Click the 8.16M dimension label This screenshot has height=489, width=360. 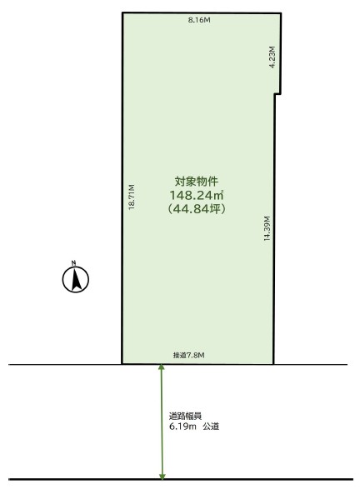click(x=199, y=20)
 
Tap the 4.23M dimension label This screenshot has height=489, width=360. click(x=272, y=57)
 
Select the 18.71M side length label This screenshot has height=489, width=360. click(x=132, y=197)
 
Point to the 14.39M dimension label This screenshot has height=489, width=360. click(x=267, y=228)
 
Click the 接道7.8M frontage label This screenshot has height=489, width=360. click(x=188, y=355)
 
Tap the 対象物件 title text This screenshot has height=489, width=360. click(x=197, y=182)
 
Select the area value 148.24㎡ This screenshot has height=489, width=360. click(x=197, y=195)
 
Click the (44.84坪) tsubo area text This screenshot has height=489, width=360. click(x=197, y=208)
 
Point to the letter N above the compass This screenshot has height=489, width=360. click(x=73, y=262)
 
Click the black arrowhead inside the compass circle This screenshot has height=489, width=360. click(x=76, y=280)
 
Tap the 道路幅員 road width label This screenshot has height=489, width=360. click(x=185, y=416)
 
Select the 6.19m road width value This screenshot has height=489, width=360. click(x=182, y=427)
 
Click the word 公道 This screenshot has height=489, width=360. click(x=211, y=427)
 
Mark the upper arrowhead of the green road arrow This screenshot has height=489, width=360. click(x=162, y=367)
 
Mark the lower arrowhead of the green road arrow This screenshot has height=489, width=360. click(x=162, y=477)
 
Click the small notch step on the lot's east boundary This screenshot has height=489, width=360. click(x=278, y=93)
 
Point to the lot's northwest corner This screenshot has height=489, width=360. click(x=122, y=12)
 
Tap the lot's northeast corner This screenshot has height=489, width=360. click(x=281, y=13)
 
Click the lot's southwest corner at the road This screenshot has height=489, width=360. click(x=122, y=364)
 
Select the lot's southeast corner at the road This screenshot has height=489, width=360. click(x=273, y=364)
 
